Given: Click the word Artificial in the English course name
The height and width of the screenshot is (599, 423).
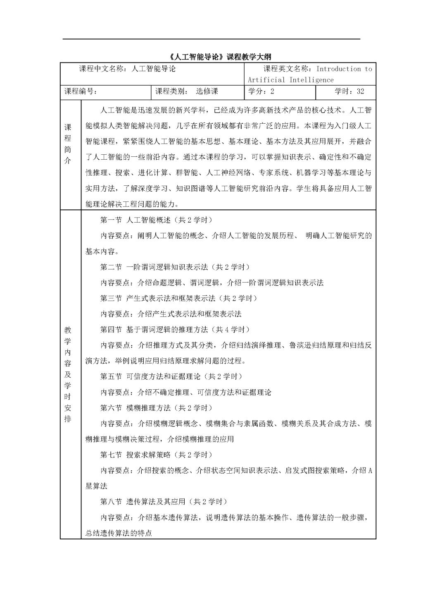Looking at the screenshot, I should pos(266,80).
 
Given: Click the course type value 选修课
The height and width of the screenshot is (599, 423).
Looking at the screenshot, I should pos(207,91).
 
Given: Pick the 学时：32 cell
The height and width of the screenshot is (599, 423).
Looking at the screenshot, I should pos(349,91).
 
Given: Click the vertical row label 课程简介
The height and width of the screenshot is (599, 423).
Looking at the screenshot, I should pos(68,144).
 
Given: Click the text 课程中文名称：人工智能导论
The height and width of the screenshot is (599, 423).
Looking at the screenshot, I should pos(127,69).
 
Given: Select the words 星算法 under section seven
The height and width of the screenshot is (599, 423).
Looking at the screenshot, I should pos(96,486).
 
